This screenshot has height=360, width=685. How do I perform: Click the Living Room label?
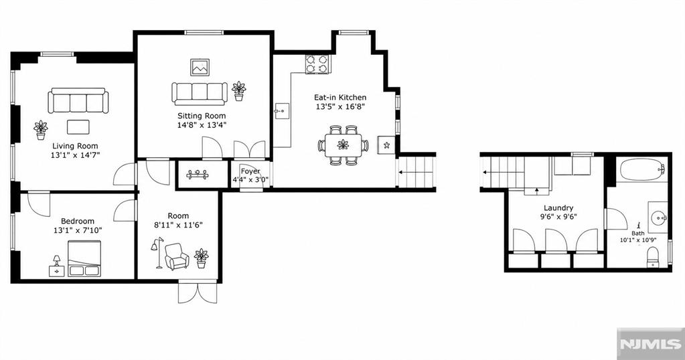75,146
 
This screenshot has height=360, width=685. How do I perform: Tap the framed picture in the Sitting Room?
200,67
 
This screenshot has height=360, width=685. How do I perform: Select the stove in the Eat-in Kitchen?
317,64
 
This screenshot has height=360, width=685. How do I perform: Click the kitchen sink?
282,111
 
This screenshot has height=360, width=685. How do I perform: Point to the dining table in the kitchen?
344,145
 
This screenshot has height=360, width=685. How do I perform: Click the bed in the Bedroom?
84,258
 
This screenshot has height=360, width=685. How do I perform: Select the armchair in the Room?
177,256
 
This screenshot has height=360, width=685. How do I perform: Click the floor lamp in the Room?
157,252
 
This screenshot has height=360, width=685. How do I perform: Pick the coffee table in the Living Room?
78,127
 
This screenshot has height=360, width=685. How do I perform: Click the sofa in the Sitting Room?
200,94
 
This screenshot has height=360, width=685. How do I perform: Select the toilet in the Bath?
653,257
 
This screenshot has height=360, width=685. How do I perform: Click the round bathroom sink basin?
658,217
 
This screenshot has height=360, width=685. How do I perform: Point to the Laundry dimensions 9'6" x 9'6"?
558,216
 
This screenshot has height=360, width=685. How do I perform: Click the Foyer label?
250,171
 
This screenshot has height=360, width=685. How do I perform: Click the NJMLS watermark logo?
651,345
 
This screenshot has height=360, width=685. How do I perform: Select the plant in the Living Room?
41,130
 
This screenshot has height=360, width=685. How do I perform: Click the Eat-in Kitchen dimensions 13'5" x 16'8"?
340,106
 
